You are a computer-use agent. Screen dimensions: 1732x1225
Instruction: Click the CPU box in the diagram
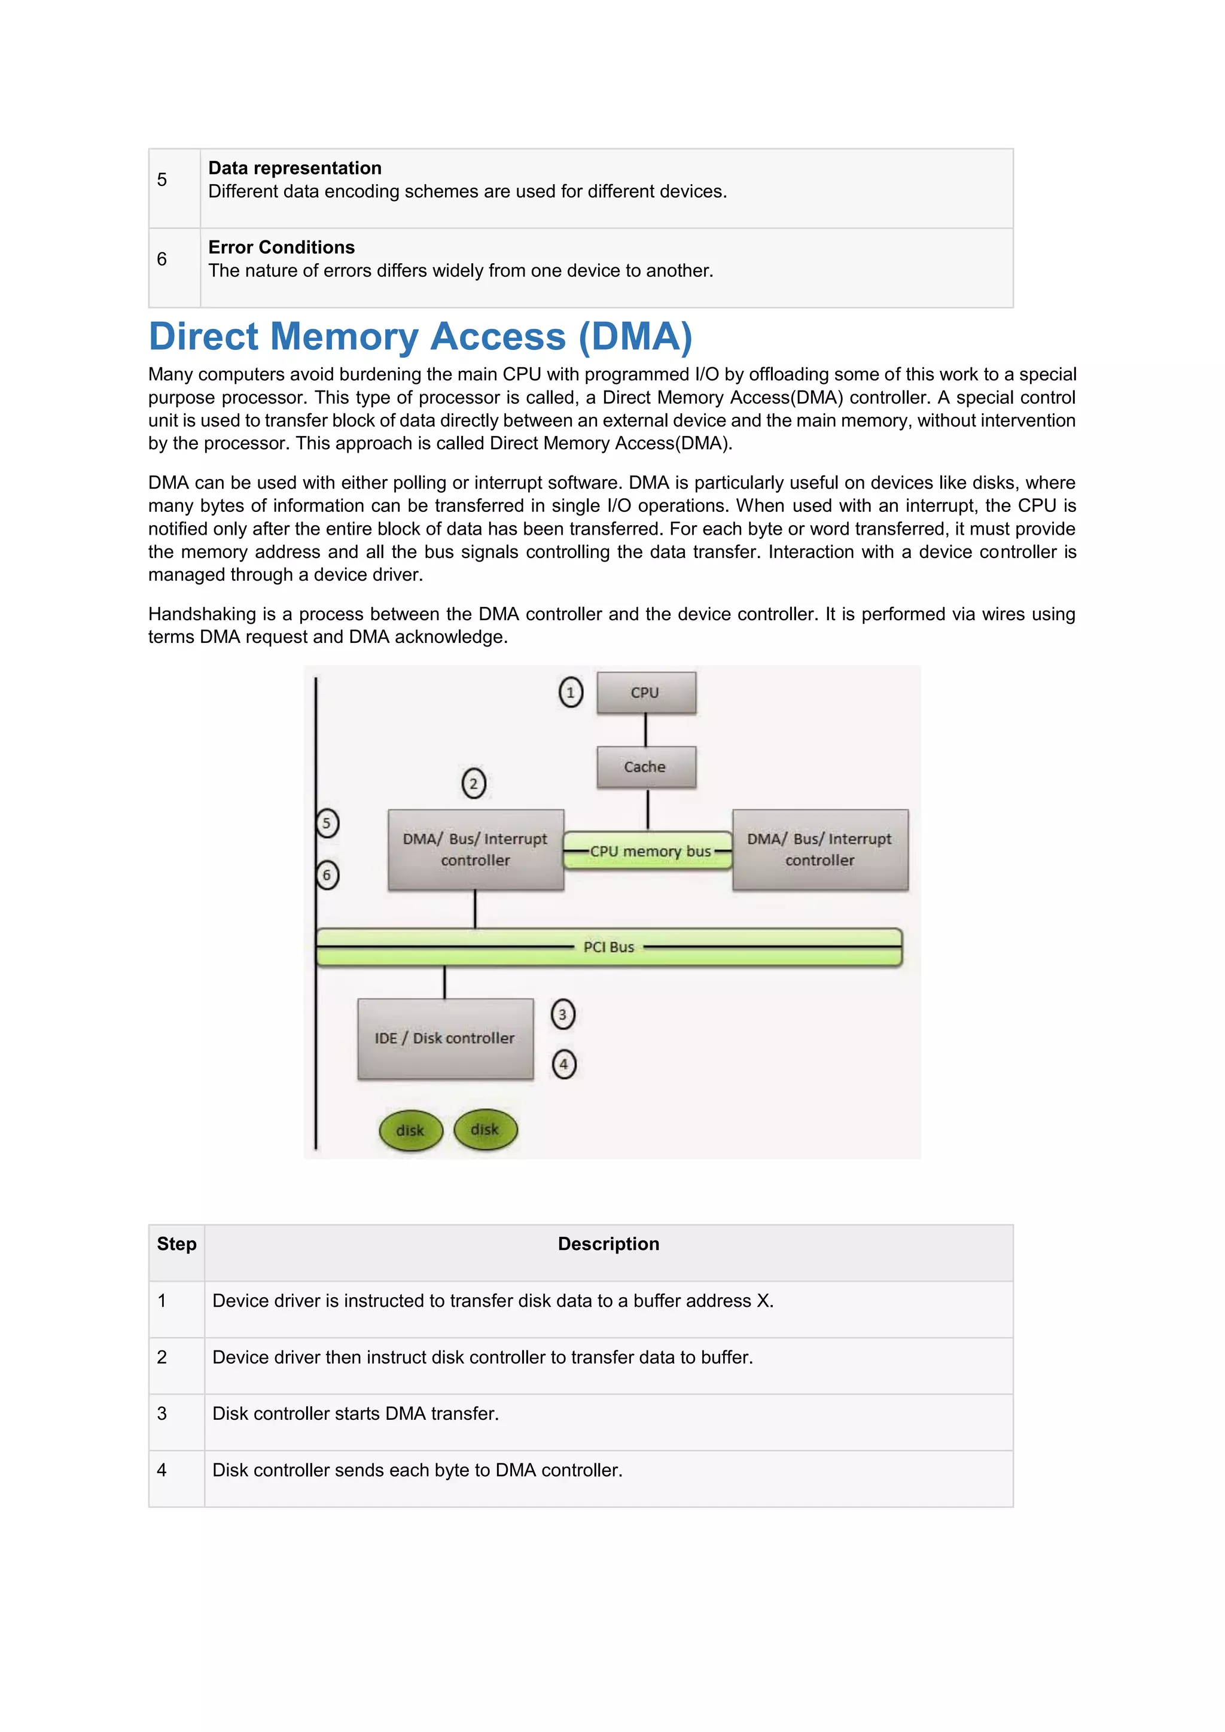645,693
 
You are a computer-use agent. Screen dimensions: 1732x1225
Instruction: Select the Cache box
645,767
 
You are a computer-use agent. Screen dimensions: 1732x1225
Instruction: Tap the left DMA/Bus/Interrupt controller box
475,849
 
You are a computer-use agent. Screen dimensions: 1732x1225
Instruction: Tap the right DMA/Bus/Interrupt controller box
820,849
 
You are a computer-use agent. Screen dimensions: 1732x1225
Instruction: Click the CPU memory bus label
650,851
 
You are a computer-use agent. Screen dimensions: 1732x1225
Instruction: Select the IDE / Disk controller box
445,1038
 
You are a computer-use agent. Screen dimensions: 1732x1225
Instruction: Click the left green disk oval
410,1130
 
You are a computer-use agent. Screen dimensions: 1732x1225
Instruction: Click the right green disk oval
485,1129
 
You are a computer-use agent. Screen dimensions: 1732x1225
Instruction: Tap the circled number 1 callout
570,692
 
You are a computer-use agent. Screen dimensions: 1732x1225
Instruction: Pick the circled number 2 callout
474,783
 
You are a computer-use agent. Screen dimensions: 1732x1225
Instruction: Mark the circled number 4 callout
563,1065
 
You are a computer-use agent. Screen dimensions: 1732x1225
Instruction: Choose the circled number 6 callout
327,875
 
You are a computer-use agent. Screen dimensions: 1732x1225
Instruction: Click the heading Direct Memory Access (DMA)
420,337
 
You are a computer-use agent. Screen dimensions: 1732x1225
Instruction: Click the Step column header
176,1244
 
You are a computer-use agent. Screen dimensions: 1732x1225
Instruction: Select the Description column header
608,1244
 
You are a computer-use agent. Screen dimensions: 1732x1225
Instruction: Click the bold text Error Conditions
281,248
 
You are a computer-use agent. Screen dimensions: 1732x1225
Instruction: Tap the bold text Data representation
295,168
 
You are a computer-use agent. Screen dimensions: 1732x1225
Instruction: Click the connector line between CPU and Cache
645,730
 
